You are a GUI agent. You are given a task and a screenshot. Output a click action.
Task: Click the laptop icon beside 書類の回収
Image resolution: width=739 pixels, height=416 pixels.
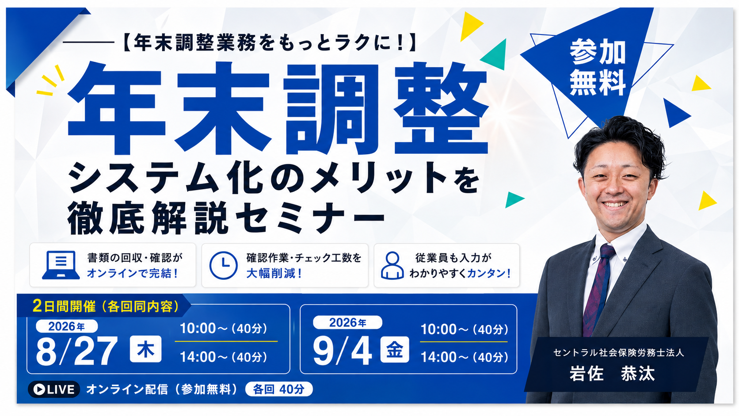point(61,265)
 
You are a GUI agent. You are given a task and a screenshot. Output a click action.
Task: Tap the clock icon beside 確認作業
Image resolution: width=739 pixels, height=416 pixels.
point(223,266)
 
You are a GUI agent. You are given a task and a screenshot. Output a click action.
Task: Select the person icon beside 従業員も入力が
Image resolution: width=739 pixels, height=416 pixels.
point(392,266)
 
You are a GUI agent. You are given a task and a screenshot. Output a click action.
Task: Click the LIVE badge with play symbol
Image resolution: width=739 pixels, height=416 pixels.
point(54,389)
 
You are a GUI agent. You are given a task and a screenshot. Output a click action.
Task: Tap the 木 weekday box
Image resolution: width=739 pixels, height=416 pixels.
point(145,349)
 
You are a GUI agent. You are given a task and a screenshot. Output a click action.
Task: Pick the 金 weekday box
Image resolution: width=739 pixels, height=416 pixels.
point(395,350)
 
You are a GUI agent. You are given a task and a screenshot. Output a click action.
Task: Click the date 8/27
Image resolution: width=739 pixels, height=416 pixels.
point(77,351)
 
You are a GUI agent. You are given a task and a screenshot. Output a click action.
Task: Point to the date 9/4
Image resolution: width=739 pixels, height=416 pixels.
point(343,351)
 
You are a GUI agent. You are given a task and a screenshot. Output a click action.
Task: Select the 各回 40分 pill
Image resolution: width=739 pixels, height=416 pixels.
point(279,389)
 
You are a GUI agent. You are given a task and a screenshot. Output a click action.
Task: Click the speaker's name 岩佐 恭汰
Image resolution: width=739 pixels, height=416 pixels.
point(612,374)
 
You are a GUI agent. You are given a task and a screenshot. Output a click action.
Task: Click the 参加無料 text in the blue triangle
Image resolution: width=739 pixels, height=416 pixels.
point(598,67)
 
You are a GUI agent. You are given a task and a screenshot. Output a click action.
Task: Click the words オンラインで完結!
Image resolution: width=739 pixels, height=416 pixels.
point(133,273)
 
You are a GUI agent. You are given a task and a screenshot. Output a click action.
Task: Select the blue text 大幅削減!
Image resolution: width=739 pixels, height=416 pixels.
point(274,274)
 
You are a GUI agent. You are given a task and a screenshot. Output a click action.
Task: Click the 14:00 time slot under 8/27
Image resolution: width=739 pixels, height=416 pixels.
point(223,357)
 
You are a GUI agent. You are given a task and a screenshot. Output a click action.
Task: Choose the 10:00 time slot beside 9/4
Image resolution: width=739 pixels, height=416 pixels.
point(464,329)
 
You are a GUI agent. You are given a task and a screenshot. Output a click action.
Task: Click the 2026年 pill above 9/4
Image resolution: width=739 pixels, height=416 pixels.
point(347,322)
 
